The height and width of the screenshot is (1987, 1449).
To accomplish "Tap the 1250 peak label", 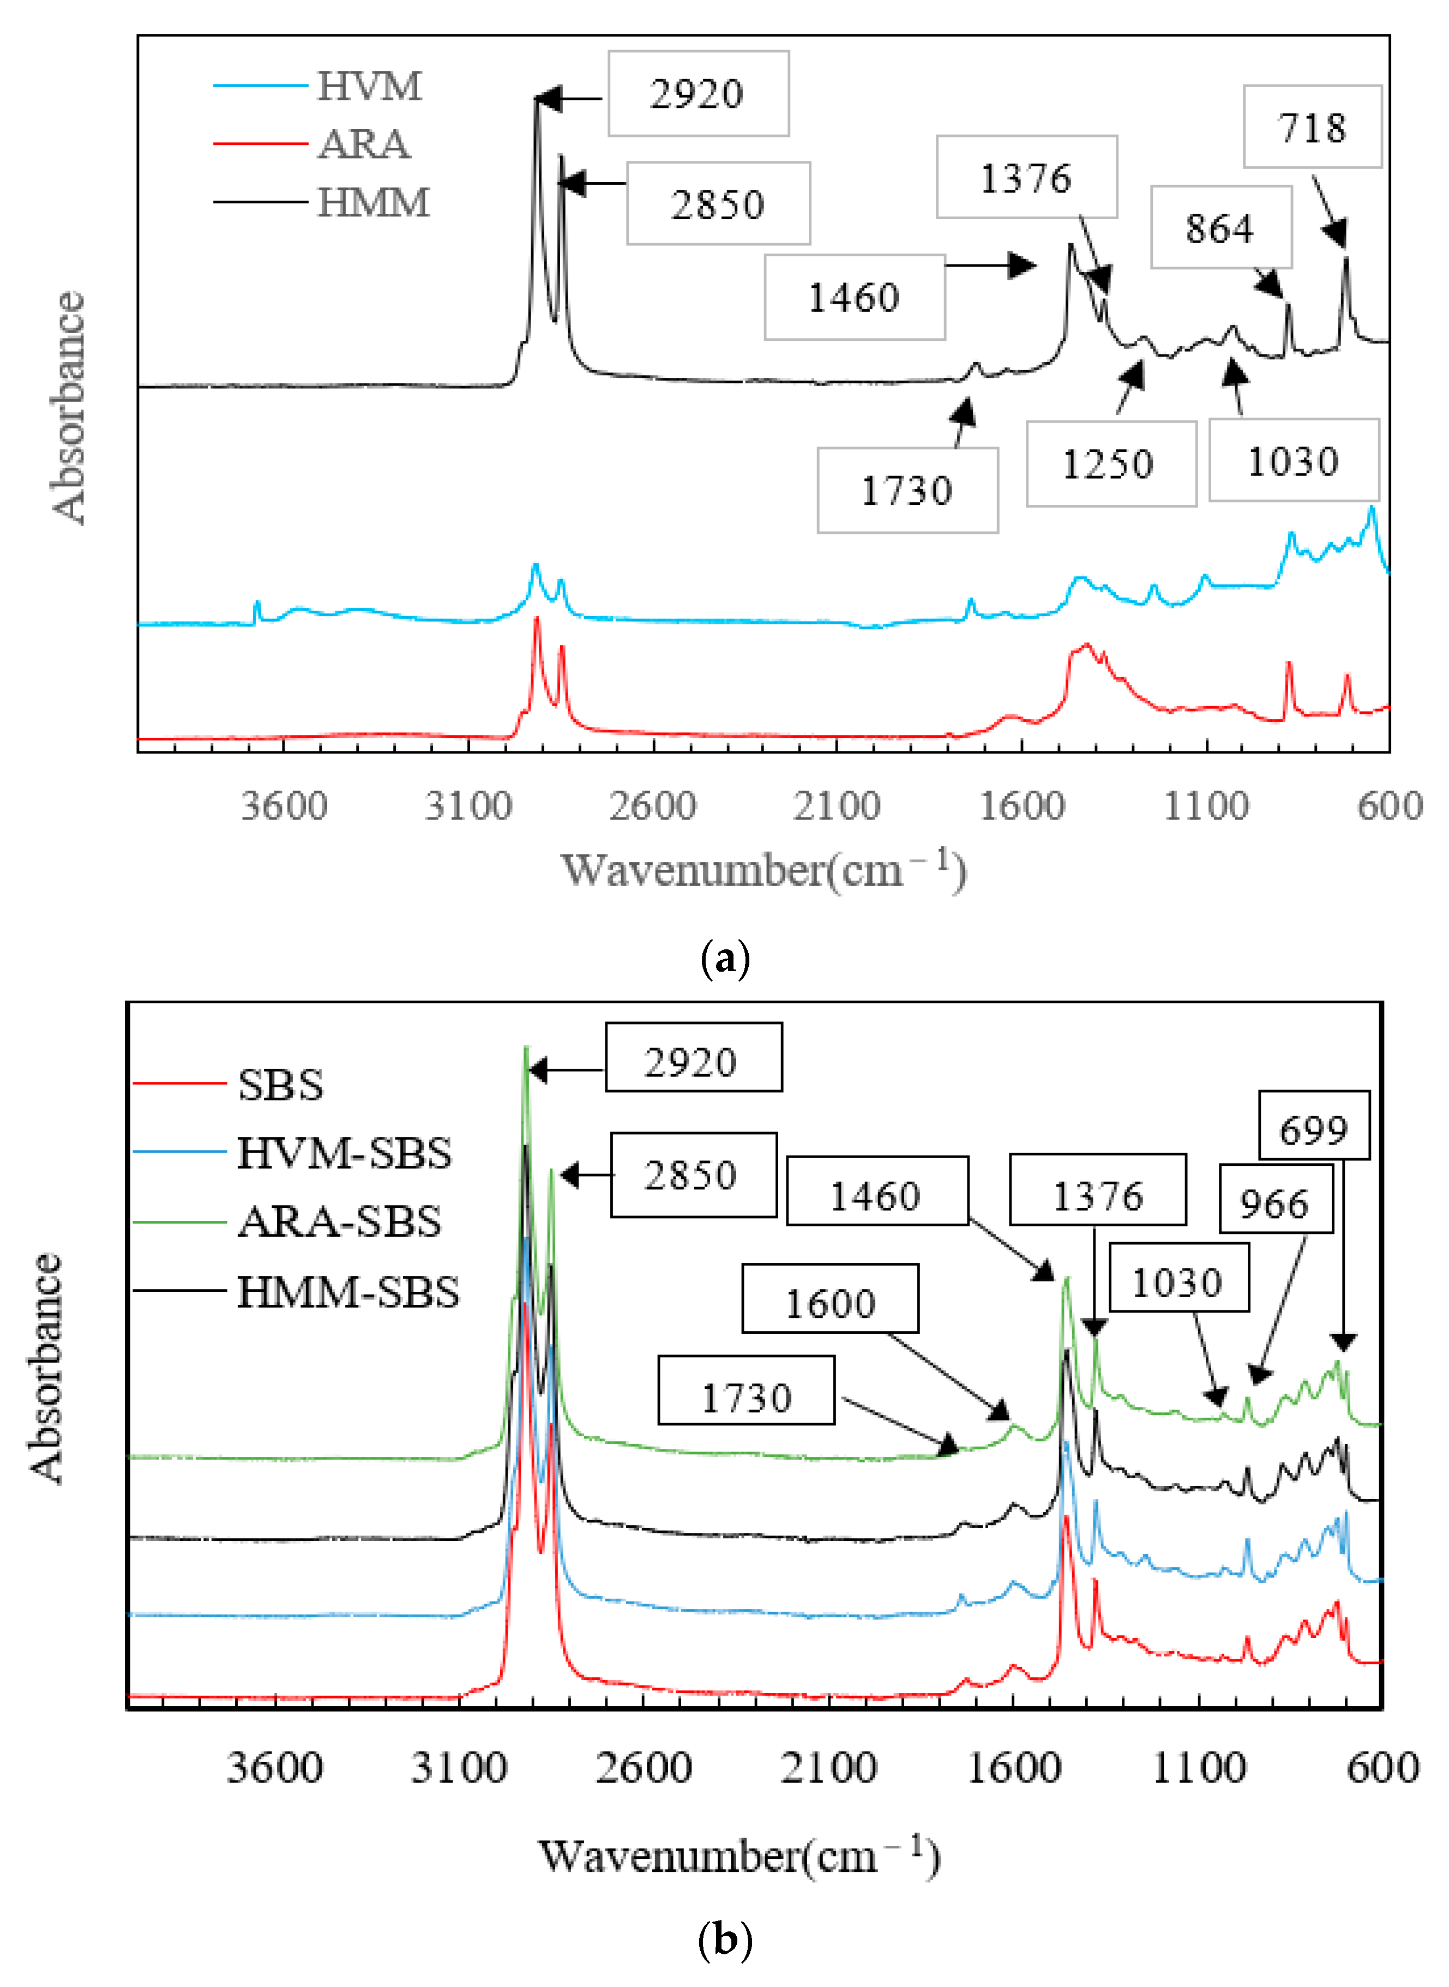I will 1110,464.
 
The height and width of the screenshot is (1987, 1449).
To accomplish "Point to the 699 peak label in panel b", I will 1313,1129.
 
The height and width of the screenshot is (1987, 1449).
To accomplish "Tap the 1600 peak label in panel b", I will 830,1303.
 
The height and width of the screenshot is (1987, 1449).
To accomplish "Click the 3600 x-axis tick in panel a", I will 284,805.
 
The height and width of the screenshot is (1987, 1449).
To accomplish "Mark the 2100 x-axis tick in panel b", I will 829,1767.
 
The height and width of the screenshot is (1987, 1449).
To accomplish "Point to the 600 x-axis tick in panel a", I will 1390,805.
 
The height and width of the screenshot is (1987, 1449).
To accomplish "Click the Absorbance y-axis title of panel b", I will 46,1368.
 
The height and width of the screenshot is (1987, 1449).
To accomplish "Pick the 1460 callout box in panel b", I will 876,1195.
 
